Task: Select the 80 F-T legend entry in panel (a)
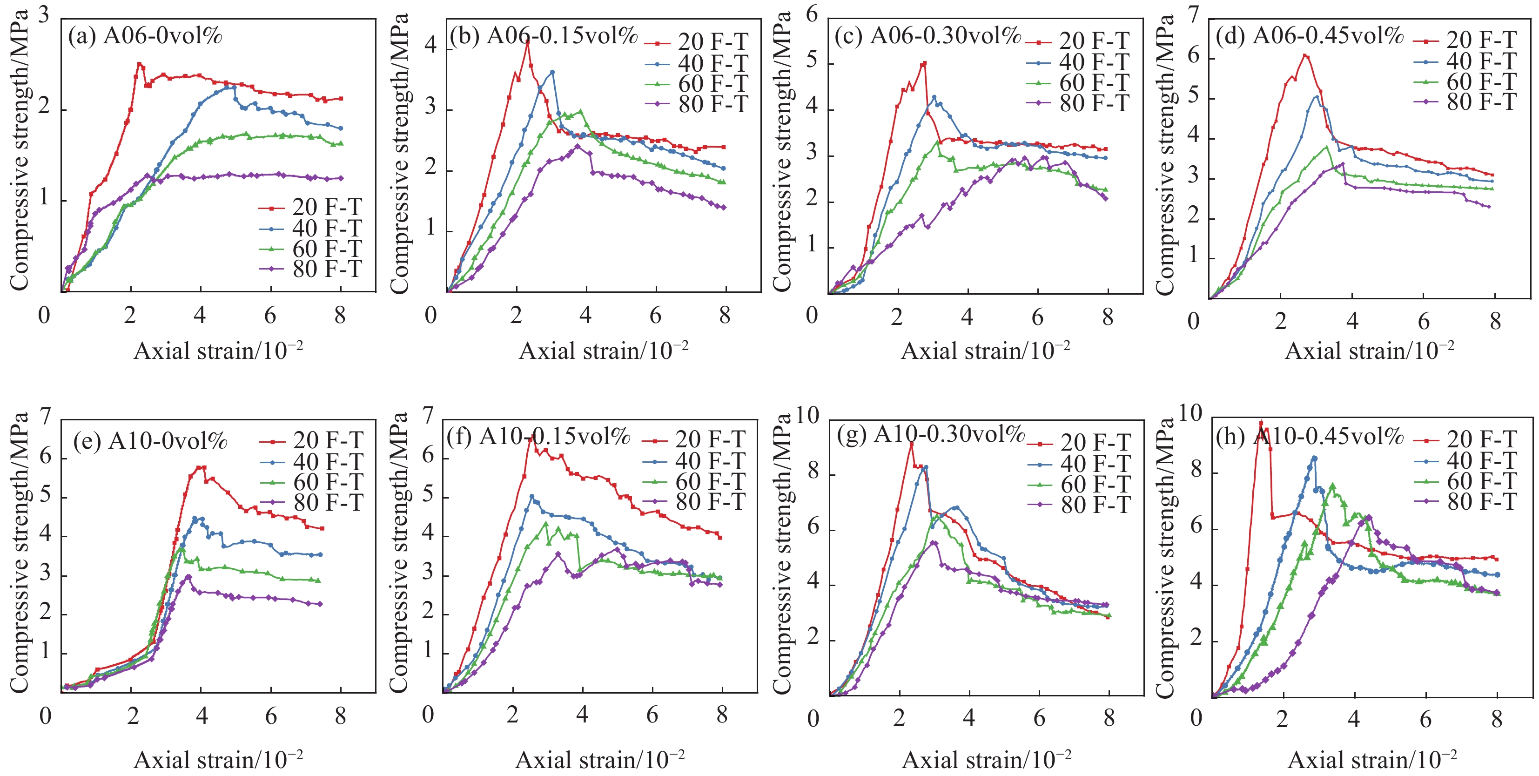(x=311, y=270)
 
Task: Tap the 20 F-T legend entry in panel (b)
(x=697, y=42)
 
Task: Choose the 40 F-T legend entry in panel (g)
(x=1079, y=464)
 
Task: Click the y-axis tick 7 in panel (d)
(x=1194, y=14)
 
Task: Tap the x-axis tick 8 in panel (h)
(x=1496, y=719)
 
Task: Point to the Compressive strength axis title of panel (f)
(x=399, y=553)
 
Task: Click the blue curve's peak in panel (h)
(x=1314, y=458)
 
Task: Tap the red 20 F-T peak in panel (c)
(x=924, y=63)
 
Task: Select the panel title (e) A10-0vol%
(x=151, y=441)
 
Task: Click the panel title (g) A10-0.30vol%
(x=931, y=434)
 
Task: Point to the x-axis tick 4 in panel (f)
(x=582, y=715)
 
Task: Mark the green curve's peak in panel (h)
(x=1332, y=485)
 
